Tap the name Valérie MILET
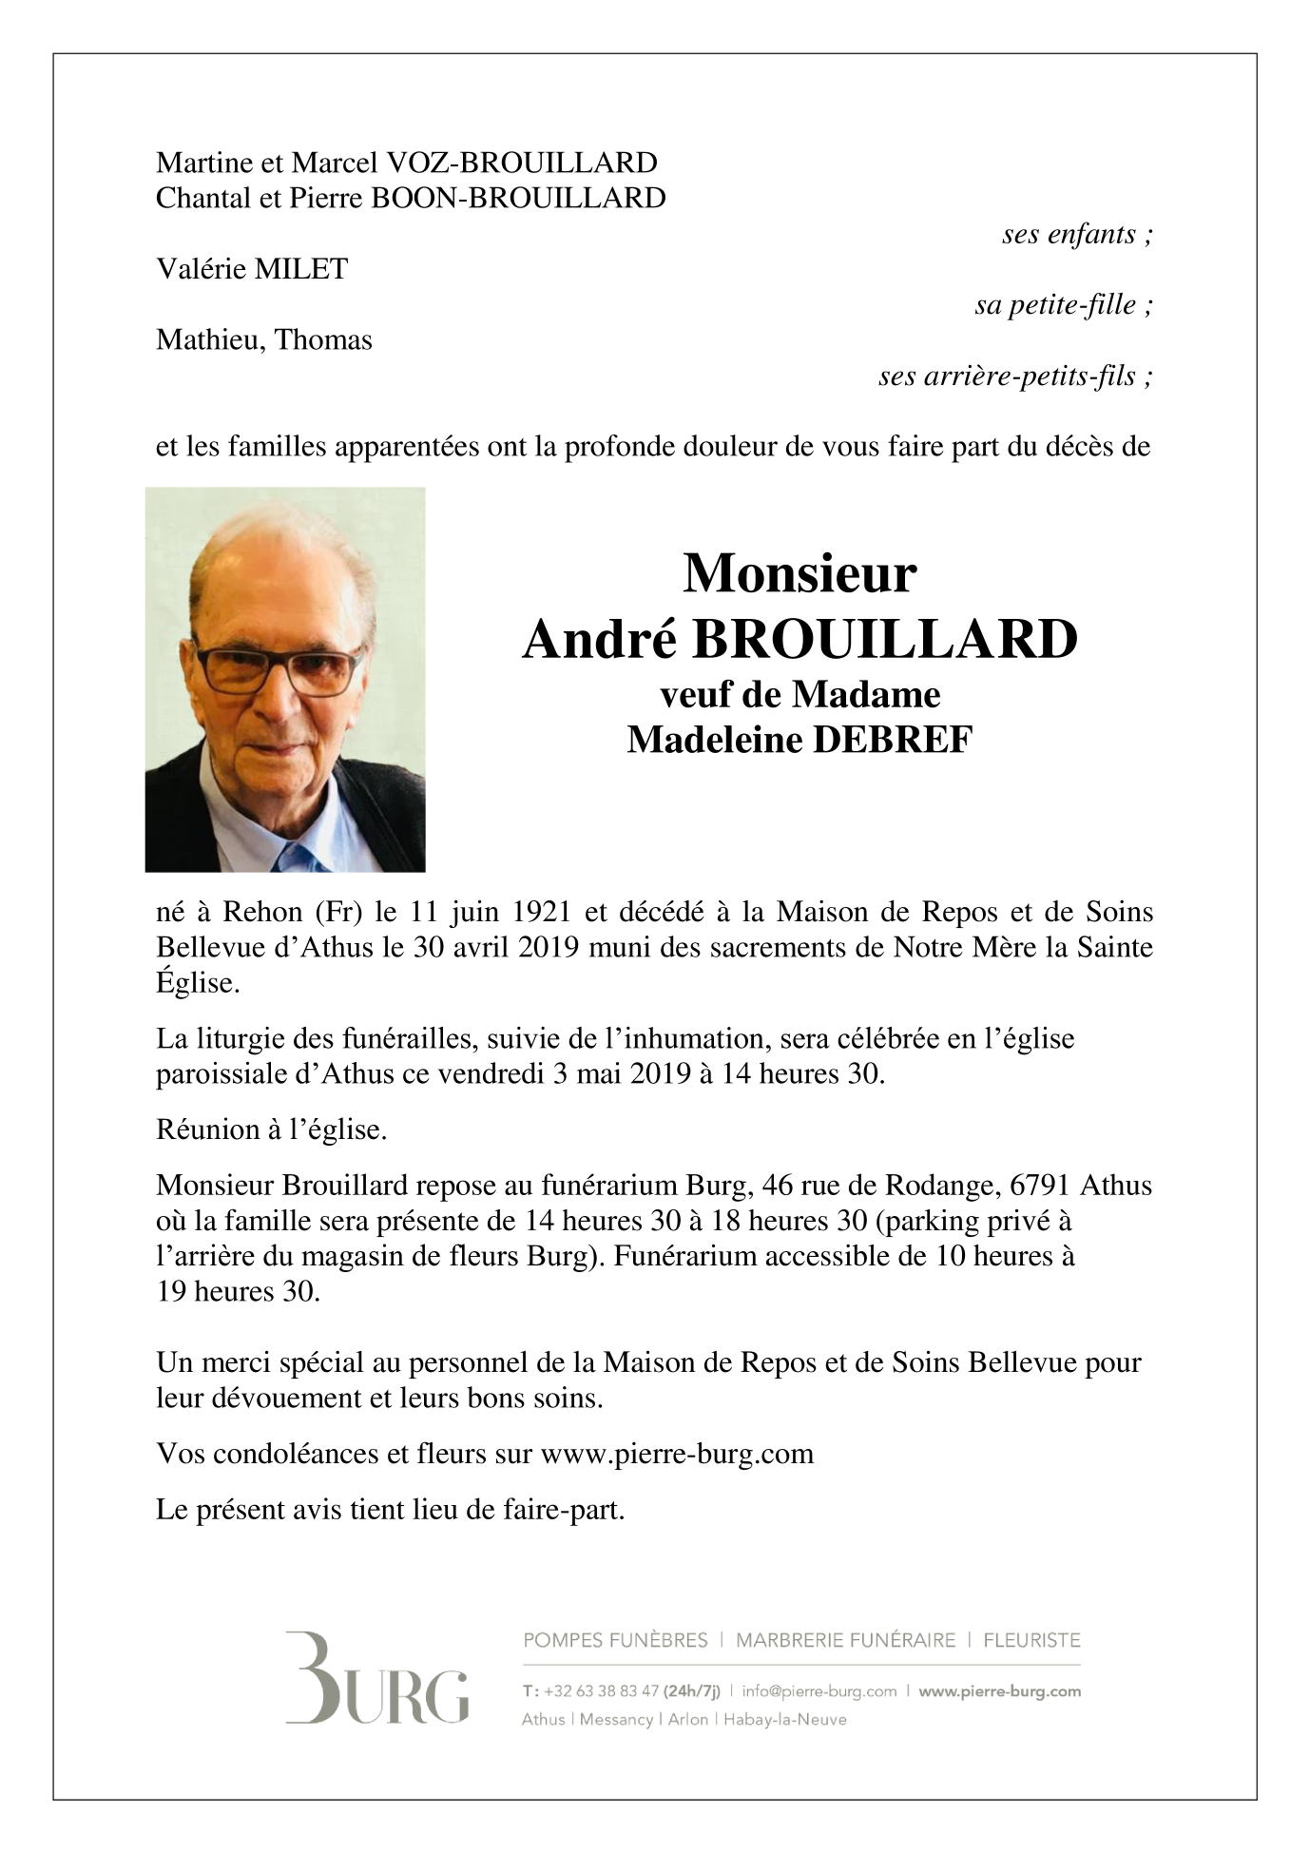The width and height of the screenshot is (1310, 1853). [x=252, y=269]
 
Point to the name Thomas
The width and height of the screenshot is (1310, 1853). [x=323, y=339]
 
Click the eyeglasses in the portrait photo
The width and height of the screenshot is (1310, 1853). [x=279, y=669]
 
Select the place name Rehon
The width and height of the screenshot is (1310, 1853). [x=261, y=912]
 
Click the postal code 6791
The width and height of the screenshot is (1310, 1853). [x=1041, y=1186]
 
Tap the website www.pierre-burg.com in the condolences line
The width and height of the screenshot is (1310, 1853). [x=676, y=1454]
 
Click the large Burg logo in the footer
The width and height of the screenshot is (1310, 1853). [x=376, y=1678]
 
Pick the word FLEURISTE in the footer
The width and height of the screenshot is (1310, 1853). [x=1031, y=1640]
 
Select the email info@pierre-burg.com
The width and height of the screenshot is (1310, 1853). [x=819, y=1691]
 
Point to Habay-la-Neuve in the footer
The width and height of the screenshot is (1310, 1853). [x=785, y=1719]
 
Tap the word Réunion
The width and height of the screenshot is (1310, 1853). [x=207, y=1130]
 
